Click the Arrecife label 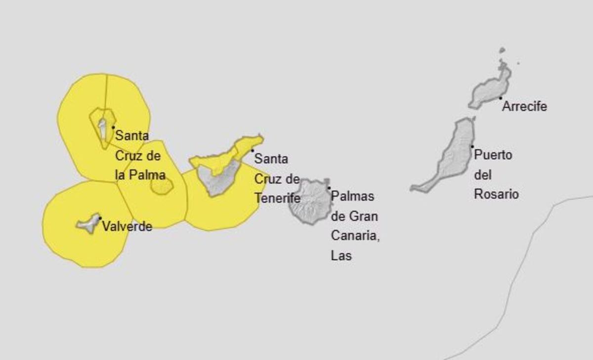(524, 106)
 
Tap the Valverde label (127, 226)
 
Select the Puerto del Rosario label (496, 175)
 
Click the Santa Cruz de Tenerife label (277, 179)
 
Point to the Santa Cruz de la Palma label (139, 155)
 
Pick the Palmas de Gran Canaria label (354, 226)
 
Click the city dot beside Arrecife (500, 98)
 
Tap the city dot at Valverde (100, 218)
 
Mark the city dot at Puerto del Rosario (472, 146)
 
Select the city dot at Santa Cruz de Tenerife (253, 150)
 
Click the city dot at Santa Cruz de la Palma (113, 127)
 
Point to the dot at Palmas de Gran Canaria (329, 188)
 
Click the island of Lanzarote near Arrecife (489, 89)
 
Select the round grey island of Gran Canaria (310, 200)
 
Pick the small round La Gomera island (162, 186)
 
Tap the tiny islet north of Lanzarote (502, 50)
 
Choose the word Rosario (496, 194)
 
